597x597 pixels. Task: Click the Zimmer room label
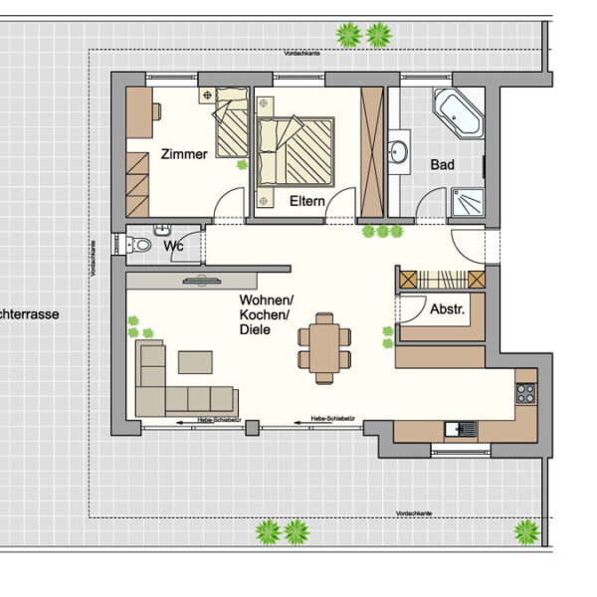183,154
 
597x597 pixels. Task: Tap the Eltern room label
307,201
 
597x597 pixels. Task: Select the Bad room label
442,164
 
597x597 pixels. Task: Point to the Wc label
173,244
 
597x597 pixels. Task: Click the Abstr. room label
447,309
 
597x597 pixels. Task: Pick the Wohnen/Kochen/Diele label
266,315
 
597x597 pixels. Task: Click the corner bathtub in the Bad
458,112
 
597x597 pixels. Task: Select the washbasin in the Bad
399,152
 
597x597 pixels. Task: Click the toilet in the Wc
140,245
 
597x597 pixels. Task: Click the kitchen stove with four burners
524,391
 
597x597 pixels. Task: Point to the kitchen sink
460,430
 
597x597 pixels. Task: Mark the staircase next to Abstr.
440,280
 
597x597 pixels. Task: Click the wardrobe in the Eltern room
372,151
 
